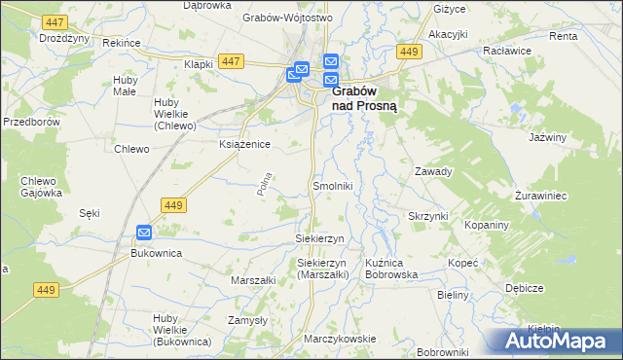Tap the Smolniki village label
click(331, 185)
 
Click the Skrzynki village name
click(427, 216)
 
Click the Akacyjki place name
click(448, 33)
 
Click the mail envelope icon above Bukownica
click(144, 233)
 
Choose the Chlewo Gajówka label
click(41, 187)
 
